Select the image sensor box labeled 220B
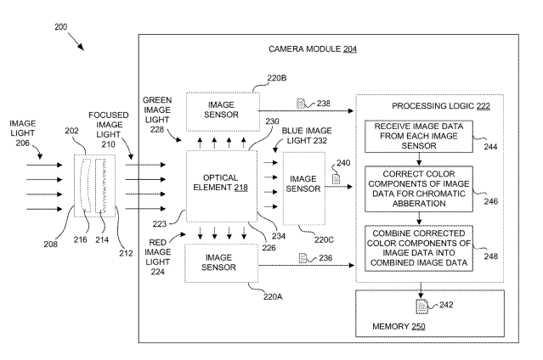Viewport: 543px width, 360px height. (x=222, y=110)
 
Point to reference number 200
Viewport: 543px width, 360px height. (x=61, y=27)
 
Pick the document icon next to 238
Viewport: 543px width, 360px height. (x=302, y=104)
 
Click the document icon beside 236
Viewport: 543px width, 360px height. (x=303, y=257)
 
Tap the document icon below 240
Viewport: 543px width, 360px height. (x=337, y=179)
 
